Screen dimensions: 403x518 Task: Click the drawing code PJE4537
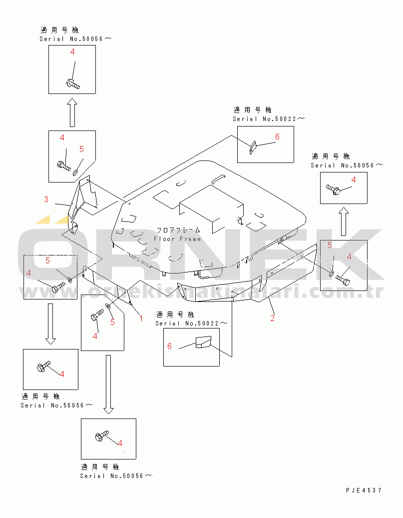[364, 490]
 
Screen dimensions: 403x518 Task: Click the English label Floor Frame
[177, 239]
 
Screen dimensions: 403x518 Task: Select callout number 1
[141, 318]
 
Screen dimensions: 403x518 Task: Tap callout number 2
[272, 318]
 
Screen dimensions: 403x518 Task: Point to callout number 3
[46, 199]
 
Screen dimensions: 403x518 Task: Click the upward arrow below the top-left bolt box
[72, 112]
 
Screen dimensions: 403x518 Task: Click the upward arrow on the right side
[343, 222]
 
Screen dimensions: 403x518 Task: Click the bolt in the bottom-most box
[101, 437]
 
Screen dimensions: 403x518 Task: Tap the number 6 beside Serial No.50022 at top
[277, 136]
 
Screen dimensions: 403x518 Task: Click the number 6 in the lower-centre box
[170, 346]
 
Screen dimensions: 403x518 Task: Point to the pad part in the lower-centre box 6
[203, 342]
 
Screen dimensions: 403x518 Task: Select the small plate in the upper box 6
[253, 145]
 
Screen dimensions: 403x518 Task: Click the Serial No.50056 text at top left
[75, 39]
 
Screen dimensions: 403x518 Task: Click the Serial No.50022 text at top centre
[268, 119]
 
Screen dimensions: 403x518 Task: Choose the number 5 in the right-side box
[330, 245]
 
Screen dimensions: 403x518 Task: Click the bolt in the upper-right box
[334, 189]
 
